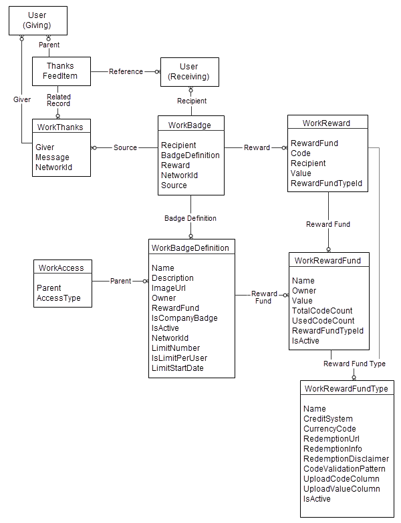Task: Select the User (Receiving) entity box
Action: click(189, 72)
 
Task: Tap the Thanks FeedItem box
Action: click(61, 71)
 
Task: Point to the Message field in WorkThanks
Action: click(52, 157)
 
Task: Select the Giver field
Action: click(45, 147)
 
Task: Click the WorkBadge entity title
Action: click(190, 125)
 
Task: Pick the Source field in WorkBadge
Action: click(174, 185)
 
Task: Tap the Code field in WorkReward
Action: click(300, 153)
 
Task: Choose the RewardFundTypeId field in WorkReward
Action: click(326, 183)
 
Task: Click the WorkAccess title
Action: click(61, 268)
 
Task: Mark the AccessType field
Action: click(58, 298)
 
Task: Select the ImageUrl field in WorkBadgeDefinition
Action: click(168, 288)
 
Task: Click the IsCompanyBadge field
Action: click(184, 318)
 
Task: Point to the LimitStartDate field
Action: click(177, 368)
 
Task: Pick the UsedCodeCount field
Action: click(323, 321)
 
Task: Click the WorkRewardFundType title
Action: click(346, 388)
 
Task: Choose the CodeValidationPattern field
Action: click(344, 469)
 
